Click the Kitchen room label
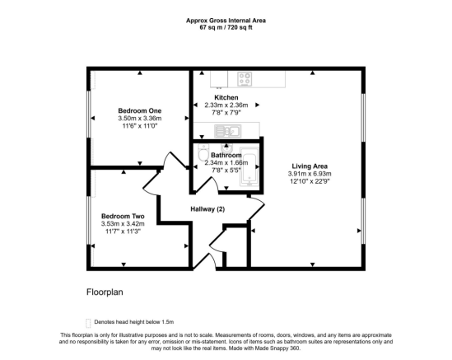coord(226,97)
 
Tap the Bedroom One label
coord(139,110)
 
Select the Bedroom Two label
coord(120,217)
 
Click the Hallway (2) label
coord(207,209)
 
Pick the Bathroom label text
coord(226,155)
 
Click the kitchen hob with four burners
coord(245,80)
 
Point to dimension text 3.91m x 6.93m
coord(309,175)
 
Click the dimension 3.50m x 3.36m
coord(139,119)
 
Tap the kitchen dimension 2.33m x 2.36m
coord(226,105)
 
